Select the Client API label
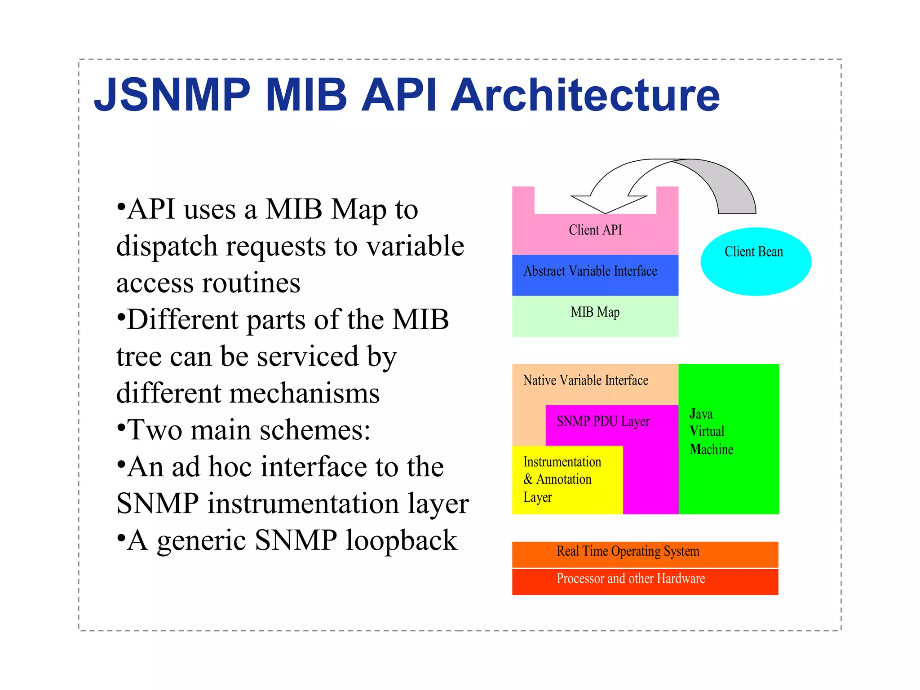coord(595,230)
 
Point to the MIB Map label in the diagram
coord(595,312)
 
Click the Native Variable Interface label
coord(585,380)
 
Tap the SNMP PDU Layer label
coord(603,421)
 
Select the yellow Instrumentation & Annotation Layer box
coord(567,480)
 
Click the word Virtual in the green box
coord(707,431)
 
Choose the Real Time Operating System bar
coord(645,554)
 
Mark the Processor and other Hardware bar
coord(645,581)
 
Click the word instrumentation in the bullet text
coord(304,503)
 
